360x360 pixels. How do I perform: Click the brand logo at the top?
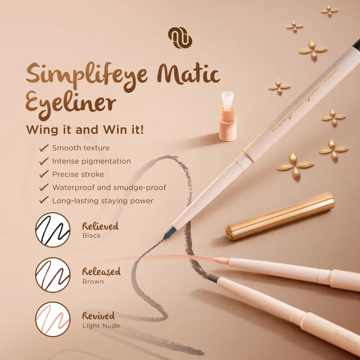pos(180,38)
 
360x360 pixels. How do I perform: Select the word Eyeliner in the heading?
pos(71,102)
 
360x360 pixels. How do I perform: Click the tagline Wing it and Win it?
pos(85,130)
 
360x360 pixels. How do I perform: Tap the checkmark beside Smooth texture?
pos(44,148)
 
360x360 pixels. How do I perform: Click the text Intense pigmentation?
pos(91,161)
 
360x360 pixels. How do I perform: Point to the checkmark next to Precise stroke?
pos(44,174)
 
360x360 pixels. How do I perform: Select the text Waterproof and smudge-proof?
pos(109,187)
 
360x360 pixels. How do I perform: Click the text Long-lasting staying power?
pos(103,201)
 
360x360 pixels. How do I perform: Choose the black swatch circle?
pos(53,230)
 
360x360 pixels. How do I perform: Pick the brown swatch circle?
pos(53,275)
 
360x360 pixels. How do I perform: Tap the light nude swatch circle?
pos(53,319)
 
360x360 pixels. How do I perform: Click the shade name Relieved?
pos(100,226)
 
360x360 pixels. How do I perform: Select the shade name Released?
pos(101,271)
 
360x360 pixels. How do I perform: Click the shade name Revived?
pos(98,315)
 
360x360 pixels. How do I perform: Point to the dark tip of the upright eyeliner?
pos(169,232)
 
